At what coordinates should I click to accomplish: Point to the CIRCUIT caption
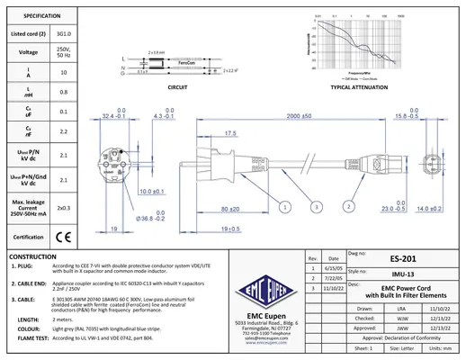177,90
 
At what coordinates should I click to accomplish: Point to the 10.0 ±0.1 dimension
153,191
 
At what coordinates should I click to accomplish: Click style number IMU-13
402,272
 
